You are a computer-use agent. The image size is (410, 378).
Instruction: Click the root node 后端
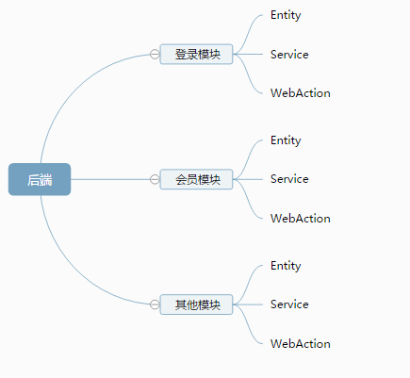[x=40, y=179]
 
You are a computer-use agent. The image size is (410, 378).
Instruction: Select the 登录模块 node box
[x=197, y=55]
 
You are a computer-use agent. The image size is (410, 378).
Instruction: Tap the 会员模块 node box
[x=197, y=179]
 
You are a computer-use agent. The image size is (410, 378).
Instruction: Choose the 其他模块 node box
[x=197, y=304]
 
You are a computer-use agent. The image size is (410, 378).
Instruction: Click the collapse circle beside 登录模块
[x=155, y=55]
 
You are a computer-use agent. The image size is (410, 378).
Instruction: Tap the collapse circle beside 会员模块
[x=155, y=179]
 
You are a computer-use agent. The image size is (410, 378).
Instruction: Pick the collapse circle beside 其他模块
[x=155, y=304]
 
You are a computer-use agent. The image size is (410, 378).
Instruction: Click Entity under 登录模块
[x=286, y=15]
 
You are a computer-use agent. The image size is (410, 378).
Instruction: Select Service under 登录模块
[x=289, y=55]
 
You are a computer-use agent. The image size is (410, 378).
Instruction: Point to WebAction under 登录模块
[x=300, y=93]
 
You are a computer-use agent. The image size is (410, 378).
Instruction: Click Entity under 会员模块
[x=286, y=140]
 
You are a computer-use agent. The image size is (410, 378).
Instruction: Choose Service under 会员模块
[x=289, y=179]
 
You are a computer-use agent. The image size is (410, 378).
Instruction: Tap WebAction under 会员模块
[x=300, y=219]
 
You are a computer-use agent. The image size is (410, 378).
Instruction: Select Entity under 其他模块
[x=286, y=266]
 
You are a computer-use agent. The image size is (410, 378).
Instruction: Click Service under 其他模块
[x=289, y=304]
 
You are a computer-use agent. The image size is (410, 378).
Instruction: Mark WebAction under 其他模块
[x=300, y=344]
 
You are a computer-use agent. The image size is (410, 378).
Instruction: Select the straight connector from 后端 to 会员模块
[x=108, y=179]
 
